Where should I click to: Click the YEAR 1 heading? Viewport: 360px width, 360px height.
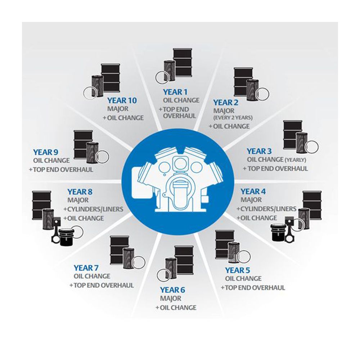175,92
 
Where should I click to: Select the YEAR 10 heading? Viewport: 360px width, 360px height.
122,100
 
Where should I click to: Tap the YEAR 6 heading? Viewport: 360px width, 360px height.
172,290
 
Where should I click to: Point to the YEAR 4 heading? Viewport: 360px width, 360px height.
253,192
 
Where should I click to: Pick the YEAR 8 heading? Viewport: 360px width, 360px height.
80,192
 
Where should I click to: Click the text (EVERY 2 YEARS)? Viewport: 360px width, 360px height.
233,118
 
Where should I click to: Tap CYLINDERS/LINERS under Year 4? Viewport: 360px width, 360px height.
269,209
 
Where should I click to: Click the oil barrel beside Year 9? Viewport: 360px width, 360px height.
83,144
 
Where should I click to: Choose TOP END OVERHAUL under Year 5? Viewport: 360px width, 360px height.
255,288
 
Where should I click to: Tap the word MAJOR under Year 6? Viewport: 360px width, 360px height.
171,298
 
